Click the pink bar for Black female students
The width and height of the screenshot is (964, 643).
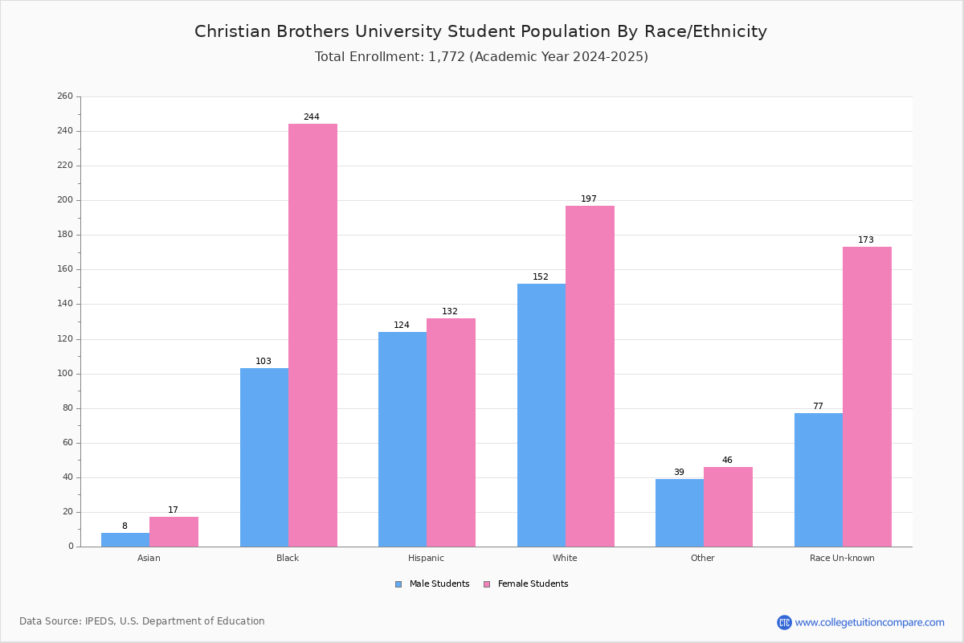[x=312, y=335]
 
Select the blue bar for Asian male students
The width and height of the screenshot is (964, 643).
[x=125, y=540]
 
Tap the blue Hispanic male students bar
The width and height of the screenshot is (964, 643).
[x=402, y=440]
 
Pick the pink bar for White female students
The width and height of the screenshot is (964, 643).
[x=590, y=376]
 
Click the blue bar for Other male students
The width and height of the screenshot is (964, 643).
[x=680, y=513]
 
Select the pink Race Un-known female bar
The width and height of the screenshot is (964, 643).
[x=867, y=397]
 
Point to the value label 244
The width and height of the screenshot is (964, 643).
[x=312, y=117]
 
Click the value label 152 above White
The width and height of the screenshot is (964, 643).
[x=541, y=276]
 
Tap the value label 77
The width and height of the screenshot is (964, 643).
[x=818, y=406]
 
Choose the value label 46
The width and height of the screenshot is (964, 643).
[x=727, y=460]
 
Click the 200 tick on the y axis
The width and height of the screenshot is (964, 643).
[x=65, y=200]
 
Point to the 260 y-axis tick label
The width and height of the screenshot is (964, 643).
[x=65, y=96]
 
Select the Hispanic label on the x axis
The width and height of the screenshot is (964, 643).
[x=426, y=558]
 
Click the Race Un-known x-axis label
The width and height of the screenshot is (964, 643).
[x=842, y=558]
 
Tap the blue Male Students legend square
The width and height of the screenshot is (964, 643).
[x=398, y=584]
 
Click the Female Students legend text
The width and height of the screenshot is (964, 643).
[x=533, y=584]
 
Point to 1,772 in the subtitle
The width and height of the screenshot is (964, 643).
[x=447, y=57]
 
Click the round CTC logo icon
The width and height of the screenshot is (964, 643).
[x=784, y=622]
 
